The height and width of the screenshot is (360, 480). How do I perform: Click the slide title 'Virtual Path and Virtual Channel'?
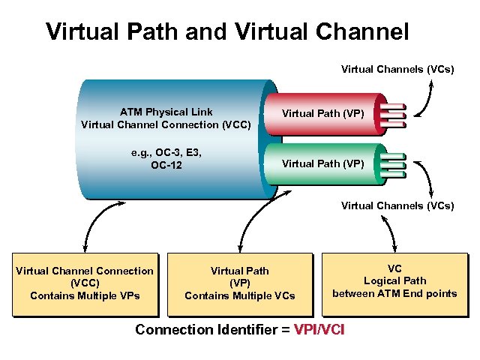click(x=227, y=31)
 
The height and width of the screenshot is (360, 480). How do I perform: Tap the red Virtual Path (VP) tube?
click(x=322, y=115)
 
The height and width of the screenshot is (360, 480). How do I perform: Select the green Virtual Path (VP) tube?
click(x=322, y=163)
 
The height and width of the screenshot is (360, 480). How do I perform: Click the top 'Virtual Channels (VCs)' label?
click(x=397, y=69)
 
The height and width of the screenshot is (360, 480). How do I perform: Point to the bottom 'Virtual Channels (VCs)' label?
click(x=397, y=205)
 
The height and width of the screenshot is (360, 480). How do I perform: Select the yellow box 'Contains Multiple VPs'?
click(x=85, y=283)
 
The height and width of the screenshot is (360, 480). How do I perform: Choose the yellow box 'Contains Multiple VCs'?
click(x=239, y=283)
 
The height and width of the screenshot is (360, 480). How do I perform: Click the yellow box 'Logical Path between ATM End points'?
click(x=394, y=280)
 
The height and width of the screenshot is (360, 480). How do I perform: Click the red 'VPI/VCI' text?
click(x=319, y=329)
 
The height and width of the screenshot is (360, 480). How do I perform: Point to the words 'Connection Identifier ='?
click(x=212, y=329)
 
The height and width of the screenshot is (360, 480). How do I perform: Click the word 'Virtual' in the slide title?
click(x=78, y=31)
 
